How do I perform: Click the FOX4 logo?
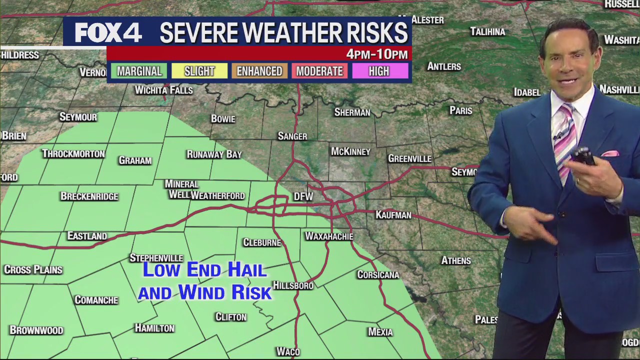108,33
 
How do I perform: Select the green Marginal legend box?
139,71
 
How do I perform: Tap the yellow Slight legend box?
199,71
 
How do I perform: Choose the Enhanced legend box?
259,71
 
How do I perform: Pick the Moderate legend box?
319,71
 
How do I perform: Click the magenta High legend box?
379,71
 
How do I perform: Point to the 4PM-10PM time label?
377,54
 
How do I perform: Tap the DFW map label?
303,197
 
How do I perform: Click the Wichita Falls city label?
163,90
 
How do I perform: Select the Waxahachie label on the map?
329,236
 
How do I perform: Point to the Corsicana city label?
378,275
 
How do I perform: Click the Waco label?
288,352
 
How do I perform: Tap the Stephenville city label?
156,258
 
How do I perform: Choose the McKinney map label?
350,151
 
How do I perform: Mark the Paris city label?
460,110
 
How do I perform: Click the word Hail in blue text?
247,270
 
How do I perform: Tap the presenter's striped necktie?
565,140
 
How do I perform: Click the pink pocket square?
610,153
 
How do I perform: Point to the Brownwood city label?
36,330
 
